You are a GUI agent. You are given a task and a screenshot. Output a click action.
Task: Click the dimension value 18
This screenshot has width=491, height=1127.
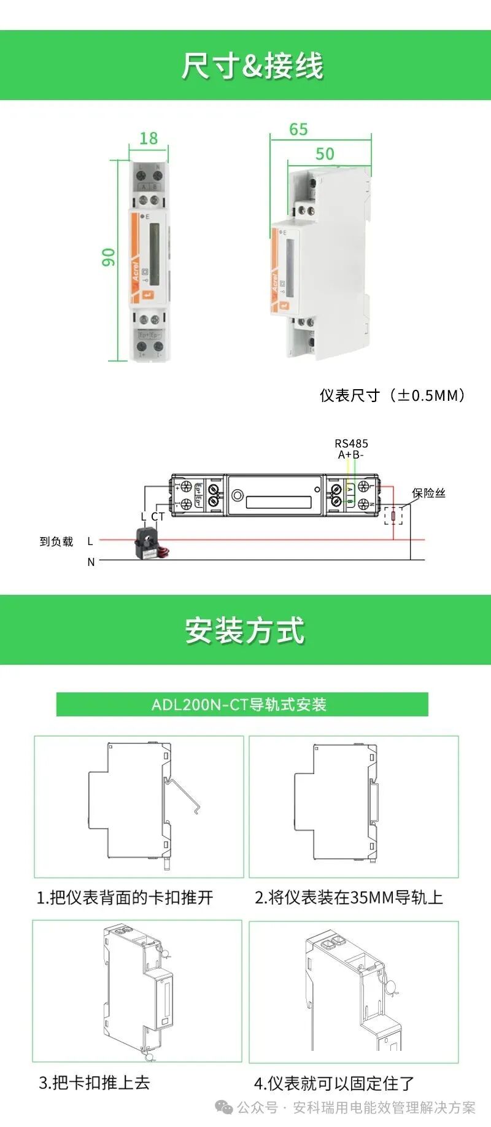coord(149,138)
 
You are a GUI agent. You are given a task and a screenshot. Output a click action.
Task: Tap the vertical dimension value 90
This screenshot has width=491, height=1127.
coord(109,257)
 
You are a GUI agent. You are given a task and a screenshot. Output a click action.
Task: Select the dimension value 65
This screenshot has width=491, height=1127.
coord(298,130)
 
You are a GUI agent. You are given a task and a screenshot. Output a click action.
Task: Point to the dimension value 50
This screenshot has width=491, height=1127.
coord(325,153)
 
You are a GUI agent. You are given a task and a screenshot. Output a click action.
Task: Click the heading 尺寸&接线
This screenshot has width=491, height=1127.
coord(252,66)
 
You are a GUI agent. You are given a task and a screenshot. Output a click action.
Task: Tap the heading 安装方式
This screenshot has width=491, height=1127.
coord(245,630)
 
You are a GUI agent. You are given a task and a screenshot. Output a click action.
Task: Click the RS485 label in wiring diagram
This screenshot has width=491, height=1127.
coord(351,443)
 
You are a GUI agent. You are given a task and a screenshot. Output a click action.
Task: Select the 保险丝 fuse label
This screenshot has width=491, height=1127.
coord(428,493)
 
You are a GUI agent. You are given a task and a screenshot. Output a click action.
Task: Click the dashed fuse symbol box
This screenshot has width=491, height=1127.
coord(393,516)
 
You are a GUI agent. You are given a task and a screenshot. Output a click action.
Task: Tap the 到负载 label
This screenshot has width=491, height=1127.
coord(56,541)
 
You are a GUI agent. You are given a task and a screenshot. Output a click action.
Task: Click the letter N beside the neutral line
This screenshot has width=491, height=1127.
coord(91,562)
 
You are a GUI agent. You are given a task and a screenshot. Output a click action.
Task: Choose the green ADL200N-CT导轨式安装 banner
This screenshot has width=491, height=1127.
coord(242,704)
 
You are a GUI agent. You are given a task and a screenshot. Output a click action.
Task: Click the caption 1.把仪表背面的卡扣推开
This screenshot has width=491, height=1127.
coord(125,897)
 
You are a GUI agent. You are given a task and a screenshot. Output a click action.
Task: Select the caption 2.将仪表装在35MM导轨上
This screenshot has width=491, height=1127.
coord(349,897)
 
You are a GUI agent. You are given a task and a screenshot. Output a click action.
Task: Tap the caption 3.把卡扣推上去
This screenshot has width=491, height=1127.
coord(95,1082)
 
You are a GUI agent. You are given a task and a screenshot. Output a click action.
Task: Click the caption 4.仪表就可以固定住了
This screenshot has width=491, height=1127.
coord(334,1083)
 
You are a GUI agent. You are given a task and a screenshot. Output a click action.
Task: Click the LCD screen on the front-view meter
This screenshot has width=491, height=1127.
coord(154,254)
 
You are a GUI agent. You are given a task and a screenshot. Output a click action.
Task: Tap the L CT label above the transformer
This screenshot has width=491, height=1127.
coord(152,517)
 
